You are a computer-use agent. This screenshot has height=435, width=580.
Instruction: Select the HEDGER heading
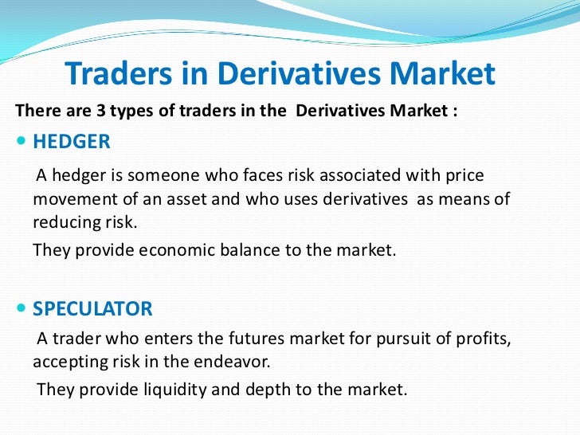coord(71,142)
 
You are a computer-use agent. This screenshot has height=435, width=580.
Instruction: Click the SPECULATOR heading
coord(92,308)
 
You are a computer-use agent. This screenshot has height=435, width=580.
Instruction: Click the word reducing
coord(66,221)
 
